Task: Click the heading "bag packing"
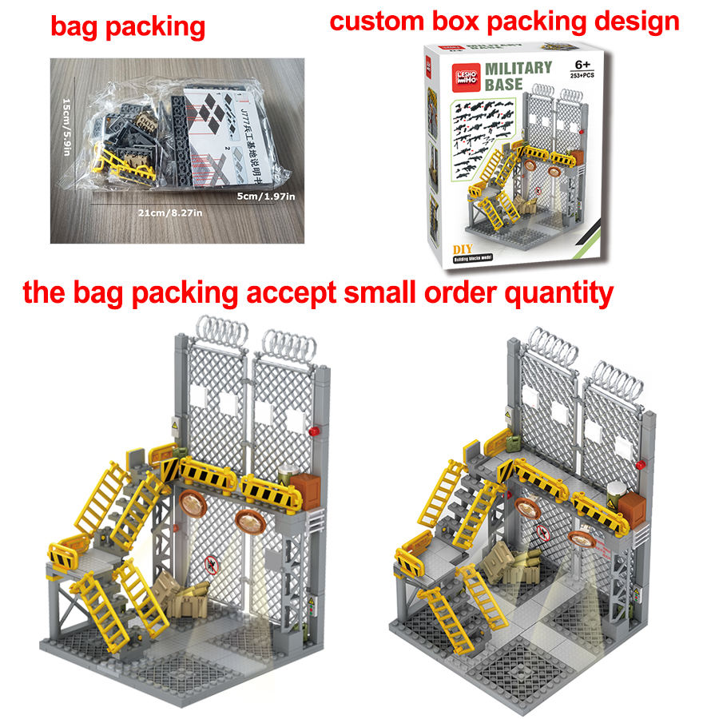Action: (x=128, y=26)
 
